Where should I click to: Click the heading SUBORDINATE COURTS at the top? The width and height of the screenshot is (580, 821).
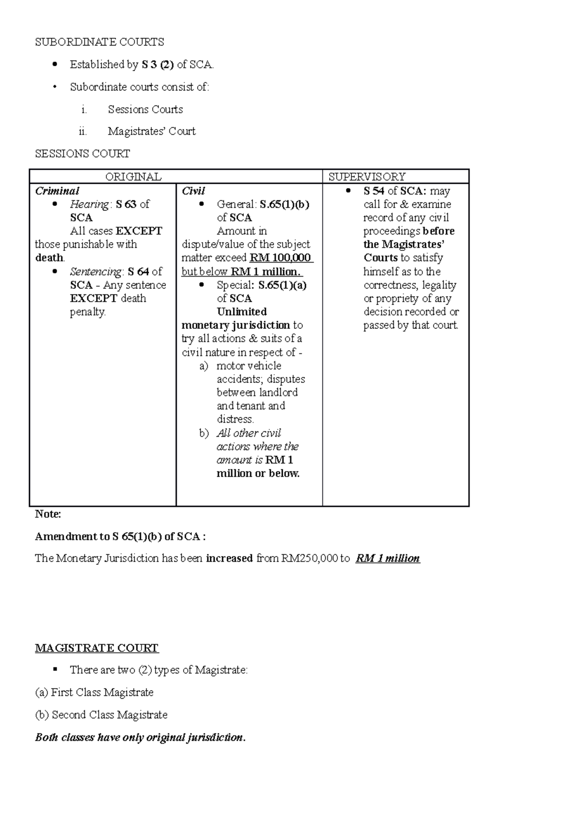coord(99,42)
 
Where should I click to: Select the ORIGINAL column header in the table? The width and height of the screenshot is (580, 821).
coord(133,177)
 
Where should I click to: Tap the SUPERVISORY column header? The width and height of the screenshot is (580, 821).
coord(367,177)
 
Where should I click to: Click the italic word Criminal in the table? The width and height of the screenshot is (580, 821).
coord(57,191)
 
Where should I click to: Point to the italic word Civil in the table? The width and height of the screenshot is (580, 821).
coord(193,191)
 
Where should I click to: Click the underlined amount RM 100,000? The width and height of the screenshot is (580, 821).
coord(280,258)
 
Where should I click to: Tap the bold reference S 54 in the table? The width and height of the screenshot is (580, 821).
coord(374,191)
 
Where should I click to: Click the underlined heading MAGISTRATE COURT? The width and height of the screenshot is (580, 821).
coord(97,648)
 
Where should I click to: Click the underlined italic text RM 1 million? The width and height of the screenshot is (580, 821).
coord(388,558)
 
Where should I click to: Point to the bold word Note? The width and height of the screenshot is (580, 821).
coord(48,514)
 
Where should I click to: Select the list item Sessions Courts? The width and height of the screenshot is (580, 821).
coord(145,110)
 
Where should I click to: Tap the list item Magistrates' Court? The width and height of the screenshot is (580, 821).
coord(152,132)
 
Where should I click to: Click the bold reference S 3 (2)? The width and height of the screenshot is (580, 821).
coord(158,64)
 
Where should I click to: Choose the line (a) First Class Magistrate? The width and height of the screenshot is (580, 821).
coord(94,692)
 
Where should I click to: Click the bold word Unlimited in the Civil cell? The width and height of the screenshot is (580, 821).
coord(242,312)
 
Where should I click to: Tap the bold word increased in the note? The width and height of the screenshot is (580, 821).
coord(229,558)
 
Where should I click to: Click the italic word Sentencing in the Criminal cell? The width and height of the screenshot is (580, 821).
coord(95,272)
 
